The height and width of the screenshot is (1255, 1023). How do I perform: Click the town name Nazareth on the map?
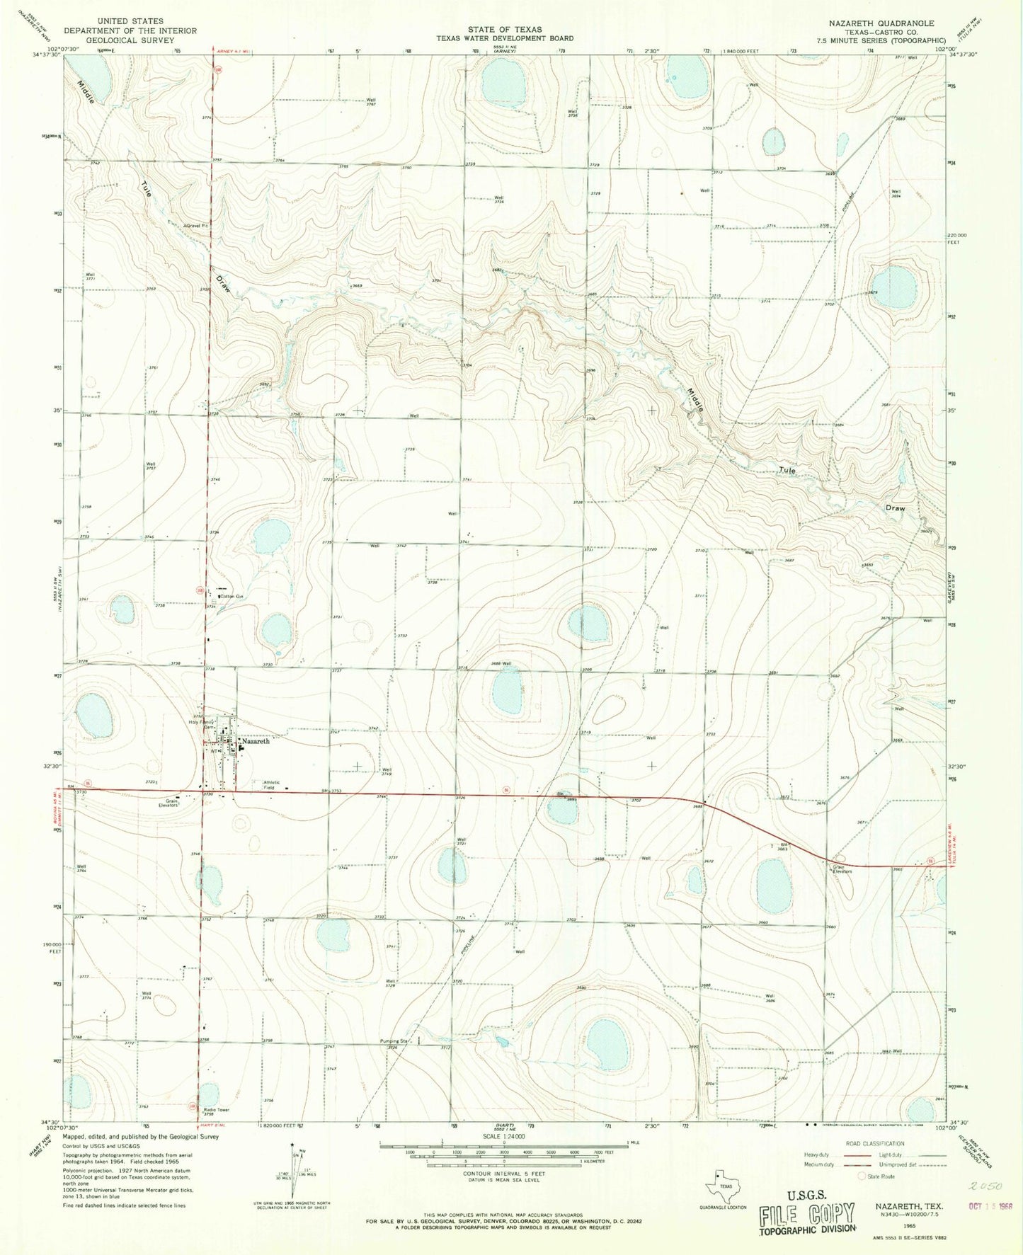[x=256, y=741]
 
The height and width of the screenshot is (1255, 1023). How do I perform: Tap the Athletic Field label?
[x=273, y=785]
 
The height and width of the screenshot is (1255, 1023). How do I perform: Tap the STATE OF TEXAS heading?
[x=505, y=30]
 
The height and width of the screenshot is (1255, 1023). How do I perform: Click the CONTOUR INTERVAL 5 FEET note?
[x=505, y=1193]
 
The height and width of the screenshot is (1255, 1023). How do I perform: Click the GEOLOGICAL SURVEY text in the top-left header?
[x=130, y=41]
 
